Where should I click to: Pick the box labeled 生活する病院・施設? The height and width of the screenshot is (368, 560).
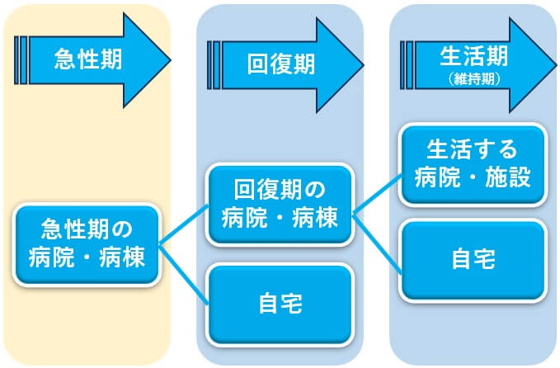click(473, 163)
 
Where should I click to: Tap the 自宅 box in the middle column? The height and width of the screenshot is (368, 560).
click(280, 304)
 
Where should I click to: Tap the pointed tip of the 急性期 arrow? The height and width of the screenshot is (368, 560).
click(167, 59)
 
